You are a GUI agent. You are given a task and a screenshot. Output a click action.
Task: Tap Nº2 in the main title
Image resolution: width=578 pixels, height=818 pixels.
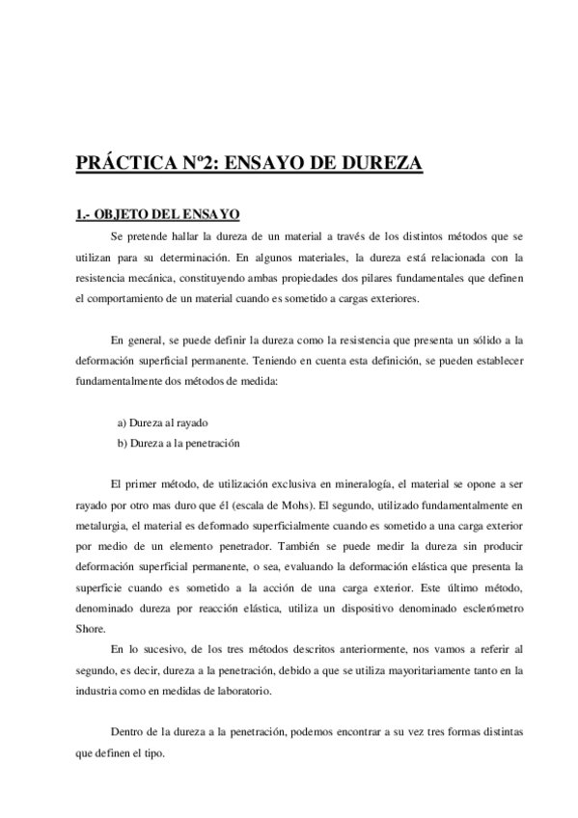point(204,163)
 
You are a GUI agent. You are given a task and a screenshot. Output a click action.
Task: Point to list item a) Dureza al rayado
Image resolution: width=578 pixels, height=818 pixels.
point(161,423)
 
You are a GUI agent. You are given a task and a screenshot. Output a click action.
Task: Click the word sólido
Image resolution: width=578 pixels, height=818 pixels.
point(458,341)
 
